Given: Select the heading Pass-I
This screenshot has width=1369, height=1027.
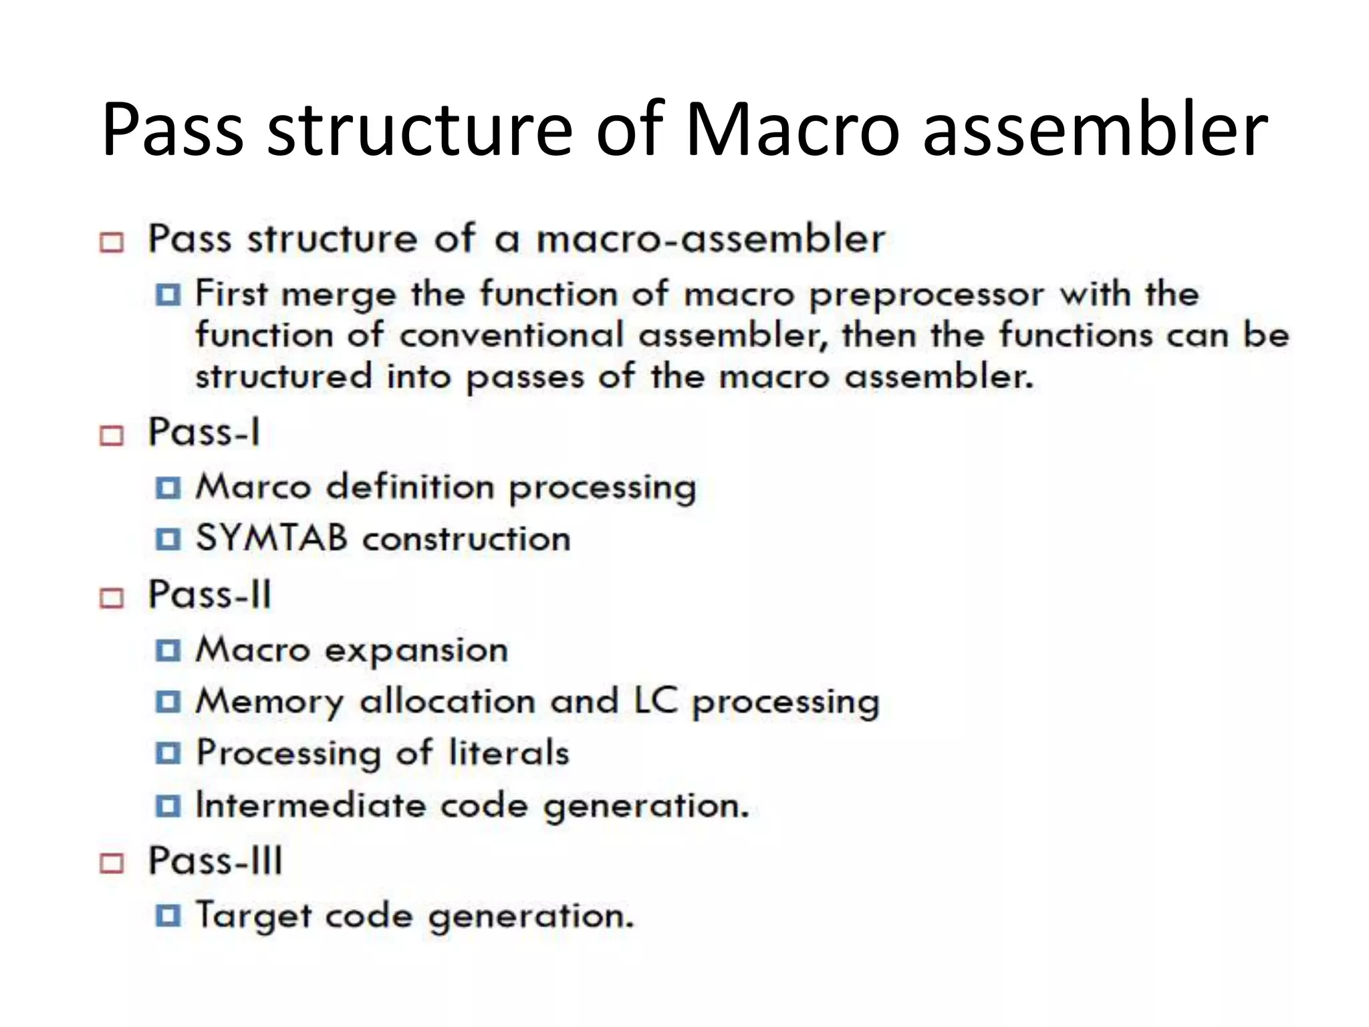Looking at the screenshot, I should pos(203,432).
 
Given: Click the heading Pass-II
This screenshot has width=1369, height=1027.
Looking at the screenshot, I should pos(209,594).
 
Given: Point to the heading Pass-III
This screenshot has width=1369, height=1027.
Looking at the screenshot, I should pos(215,861).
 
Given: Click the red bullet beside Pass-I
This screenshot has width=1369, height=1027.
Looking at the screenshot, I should pos(112,436).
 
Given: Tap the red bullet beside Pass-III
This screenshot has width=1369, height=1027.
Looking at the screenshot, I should pos(112,863).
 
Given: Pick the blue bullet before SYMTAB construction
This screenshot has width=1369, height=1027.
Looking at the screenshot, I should pos(168,539).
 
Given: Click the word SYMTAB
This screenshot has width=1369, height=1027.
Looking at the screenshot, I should pos(271,538).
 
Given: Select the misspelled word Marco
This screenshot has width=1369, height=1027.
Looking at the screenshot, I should pos(253,486).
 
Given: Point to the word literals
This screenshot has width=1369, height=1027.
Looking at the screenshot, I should pos(508,753).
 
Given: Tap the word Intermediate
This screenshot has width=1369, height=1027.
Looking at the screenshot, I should pos(310,805).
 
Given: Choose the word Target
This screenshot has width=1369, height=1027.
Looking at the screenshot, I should pos(253,916).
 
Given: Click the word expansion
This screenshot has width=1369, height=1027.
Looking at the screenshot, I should pos(416,650).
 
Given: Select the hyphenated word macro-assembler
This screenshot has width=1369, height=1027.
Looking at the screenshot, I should pos(711,239).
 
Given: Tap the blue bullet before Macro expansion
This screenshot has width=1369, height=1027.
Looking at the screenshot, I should pos(168,650).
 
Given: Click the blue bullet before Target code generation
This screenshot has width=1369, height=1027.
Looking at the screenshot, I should pos(168,915).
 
